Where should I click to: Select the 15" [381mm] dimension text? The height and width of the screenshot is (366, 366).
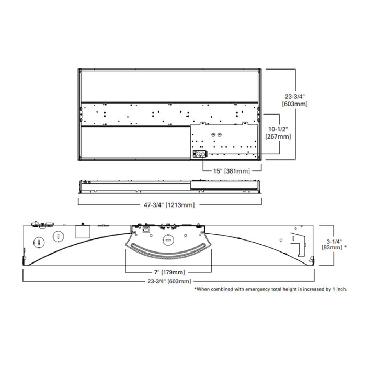tap(230, 170)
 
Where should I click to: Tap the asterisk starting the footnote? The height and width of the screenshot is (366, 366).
tap(195, 289)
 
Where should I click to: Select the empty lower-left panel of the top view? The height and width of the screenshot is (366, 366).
tap(133, 143)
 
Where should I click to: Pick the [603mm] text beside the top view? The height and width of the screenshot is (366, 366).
tap(295, 104)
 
